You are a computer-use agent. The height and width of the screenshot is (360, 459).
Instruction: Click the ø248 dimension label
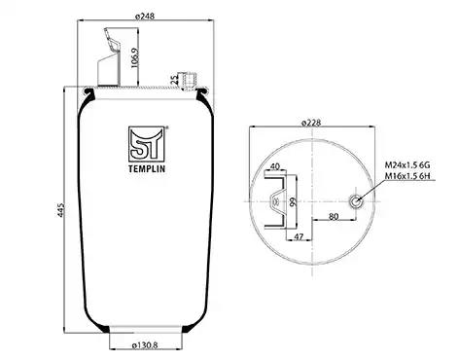click(145, 16)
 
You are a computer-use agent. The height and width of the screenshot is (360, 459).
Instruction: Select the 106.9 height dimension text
click(135, 57)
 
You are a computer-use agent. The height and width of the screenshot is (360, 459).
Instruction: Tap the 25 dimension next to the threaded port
click(174, 80)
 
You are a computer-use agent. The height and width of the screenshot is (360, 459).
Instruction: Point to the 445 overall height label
click(61, 210)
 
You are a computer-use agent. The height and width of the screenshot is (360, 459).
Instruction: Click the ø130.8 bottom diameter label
click(145, 345)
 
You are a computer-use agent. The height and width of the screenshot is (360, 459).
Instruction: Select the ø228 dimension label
click(311, 123)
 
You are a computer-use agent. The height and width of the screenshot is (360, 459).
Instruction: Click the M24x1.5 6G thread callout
click(407, 165)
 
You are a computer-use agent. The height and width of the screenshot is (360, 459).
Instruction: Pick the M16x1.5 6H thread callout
click(407, 176)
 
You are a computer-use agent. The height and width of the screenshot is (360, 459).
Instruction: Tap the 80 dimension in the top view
click(334, 216)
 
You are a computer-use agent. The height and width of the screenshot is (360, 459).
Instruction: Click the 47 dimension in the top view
click(299, 236)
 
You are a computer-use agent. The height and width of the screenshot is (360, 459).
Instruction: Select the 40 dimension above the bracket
click(275, 166)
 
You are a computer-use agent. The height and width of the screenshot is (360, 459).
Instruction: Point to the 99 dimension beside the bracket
click(293, 202)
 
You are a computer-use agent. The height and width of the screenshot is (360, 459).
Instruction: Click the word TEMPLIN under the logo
click(147, 168)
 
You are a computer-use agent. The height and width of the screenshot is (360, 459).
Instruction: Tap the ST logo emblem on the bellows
click(147, 144)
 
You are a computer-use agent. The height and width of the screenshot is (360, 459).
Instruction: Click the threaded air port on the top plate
click(188, 81)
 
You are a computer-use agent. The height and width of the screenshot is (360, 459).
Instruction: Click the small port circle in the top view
click(356, 201)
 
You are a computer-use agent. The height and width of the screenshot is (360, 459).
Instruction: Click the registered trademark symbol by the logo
click(167, 127)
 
